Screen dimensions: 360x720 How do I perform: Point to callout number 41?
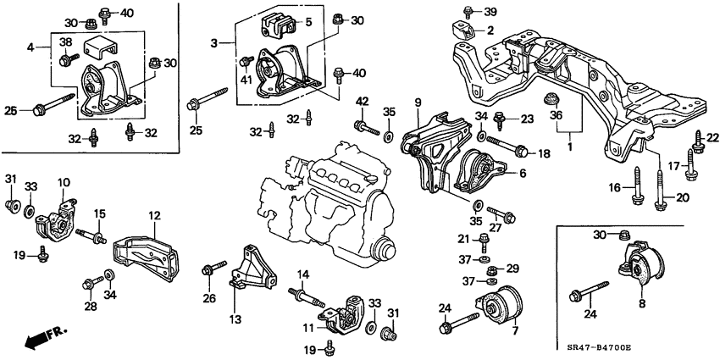246,80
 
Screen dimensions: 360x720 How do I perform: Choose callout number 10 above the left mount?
64,182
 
